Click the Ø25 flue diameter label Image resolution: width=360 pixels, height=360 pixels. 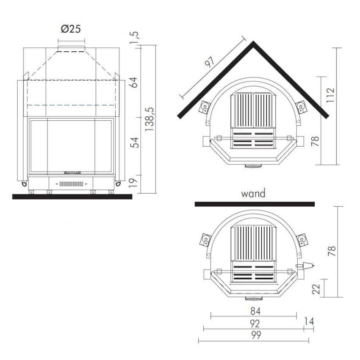pyautogui.click(x=71, y=29)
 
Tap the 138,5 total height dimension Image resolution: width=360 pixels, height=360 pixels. pyautogui.click(x=150, y=119)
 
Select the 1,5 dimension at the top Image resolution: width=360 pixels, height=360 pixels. pyautogui.click(x=134, y=37)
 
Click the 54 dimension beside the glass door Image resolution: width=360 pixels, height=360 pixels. pyautogui.click(x=134, y=143)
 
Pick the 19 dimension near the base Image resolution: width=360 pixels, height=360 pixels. pyautogui.click(x=133, y=183)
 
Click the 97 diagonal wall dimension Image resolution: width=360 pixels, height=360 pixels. pyautogui.click(x=210, y=62)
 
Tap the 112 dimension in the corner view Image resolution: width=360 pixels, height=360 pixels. pyautogui.click(x=331, y=95)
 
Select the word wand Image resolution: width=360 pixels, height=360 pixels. pyautogui.click(x=253, y=193)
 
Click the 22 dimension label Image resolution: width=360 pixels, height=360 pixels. pyautogui.click(x=316, y=289)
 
